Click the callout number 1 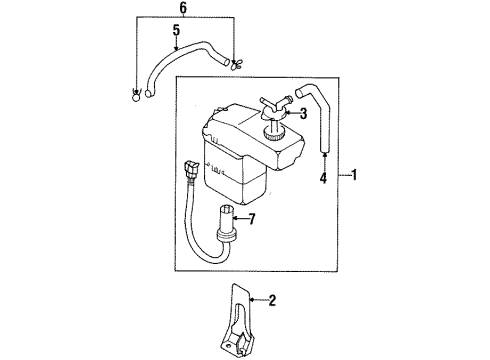[x=356, y=175]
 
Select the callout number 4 [x=323, y=180]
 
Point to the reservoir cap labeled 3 [x=272, y=128]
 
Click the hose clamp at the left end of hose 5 [x=135, y=96]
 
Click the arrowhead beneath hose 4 [x=323, y=157]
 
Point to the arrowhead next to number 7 [x=240, y=218]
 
